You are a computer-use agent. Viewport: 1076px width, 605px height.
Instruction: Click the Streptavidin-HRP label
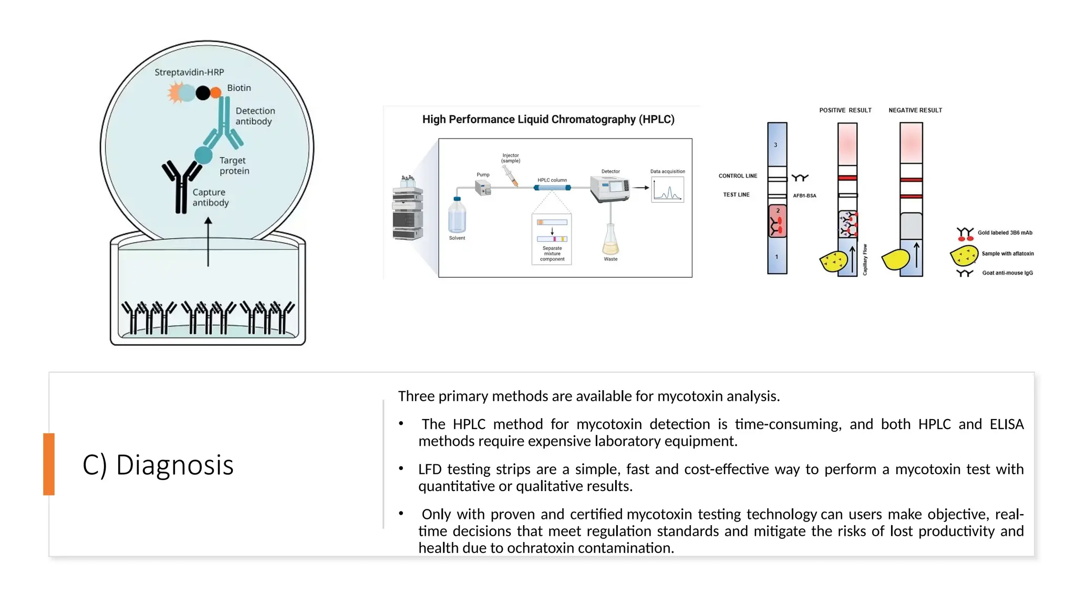(189, 72)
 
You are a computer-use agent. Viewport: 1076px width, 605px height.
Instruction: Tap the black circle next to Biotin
(203, 93)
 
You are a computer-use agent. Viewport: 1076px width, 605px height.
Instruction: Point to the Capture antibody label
(210, 197)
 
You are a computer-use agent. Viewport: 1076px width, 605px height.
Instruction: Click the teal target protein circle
(203, 155)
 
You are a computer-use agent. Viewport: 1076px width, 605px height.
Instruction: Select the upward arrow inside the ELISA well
(208, 242)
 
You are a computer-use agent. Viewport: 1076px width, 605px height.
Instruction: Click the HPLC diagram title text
(548, 120)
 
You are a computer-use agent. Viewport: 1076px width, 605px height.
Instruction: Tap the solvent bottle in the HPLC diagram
(457, 215)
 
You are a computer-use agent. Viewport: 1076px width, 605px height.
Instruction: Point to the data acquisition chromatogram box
(668, 190)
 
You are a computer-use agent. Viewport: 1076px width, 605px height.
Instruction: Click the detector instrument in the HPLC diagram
(610, 189)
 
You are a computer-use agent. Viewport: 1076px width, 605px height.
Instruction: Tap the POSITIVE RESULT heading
(845, 110)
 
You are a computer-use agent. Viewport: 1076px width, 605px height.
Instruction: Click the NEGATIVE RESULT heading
(915, 110)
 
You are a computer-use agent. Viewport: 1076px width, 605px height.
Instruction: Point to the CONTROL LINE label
(738, 176)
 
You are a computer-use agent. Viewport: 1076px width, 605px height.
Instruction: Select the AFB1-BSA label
(804, 196)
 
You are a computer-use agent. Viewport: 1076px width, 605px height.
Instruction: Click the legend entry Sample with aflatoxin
(1007, 254)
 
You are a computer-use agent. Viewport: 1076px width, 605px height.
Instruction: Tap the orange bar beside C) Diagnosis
(49, 464)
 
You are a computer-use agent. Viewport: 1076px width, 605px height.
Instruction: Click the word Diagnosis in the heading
(174, 465)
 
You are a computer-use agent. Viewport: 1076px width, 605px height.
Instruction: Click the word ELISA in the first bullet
(1006, 424)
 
